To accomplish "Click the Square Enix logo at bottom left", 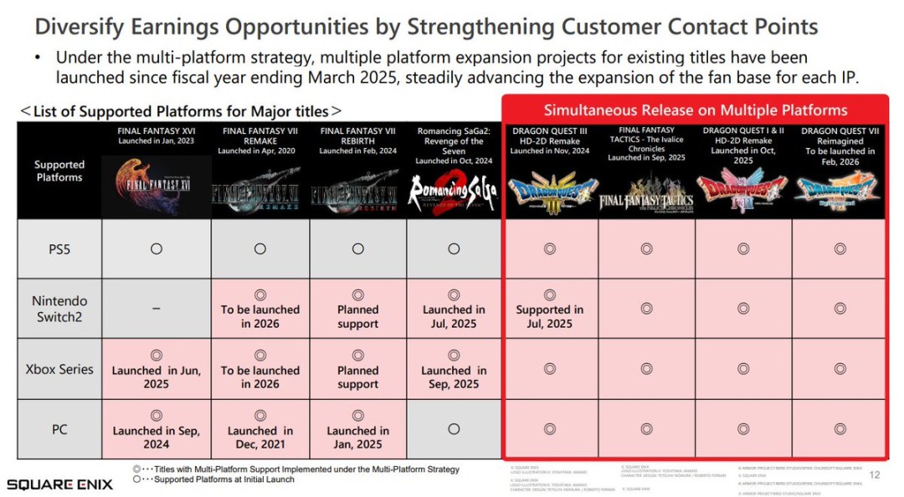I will click(x=59, y=484).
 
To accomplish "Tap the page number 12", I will click(x=875, y=474).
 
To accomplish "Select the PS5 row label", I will click(x=59, y=248).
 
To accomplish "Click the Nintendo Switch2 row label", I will click(x=59, y=309).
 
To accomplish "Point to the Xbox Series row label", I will click(x=59, y=369).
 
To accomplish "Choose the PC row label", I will click(x=59, y=429).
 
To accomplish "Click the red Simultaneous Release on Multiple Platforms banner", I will click(x=695, y=110).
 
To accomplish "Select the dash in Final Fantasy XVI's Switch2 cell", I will click(x=157, y=309).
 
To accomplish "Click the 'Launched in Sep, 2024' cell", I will click(x=157, y=430).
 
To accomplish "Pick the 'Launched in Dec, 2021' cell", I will click(x=260, y=430).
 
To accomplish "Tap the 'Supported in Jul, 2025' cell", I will click(x=550, y=316).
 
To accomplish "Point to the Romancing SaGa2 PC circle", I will click(x=454, y=429).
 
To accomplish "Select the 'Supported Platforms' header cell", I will click(x=59, y=171).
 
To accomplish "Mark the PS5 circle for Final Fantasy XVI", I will click(x=157, y=248).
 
